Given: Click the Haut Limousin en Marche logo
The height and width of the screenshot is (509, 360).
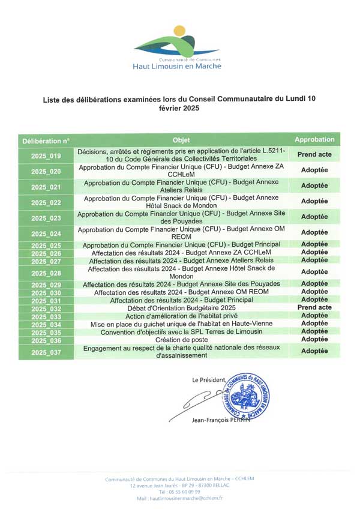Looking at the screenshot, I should tap(176, 47).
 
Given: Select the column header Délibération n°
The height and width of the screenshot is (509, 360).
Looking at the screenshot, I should tap(46, 140).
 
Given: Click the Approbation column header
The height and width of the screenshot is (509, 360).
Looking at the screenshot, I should tap(314, 139).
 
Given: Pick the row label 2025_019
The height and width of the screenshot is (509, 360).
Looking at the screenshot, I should tap(46, 156).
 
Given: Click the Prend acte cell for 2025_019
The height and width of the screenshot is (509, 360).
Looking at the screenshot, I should tap(314, 155).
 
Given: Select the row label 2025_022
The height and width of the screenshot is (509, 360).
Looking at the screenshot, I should tap(46, 202).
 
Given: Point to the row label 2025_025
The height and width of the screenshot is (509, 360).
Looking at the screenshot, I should tap(46, 245).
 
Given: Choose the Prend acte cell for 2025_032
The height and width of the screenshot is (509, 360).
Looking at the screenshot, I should tap(314, 307).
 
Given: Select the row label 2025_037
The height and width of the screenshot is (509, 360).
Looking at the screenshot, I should tap(46, 352).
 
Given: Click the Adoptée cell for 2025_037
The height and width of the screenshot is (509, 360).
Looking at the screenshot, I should tap(314, 351).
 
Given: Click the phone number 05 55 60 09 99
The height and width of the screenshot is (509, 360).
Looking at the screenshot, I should tap(180, 492).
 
